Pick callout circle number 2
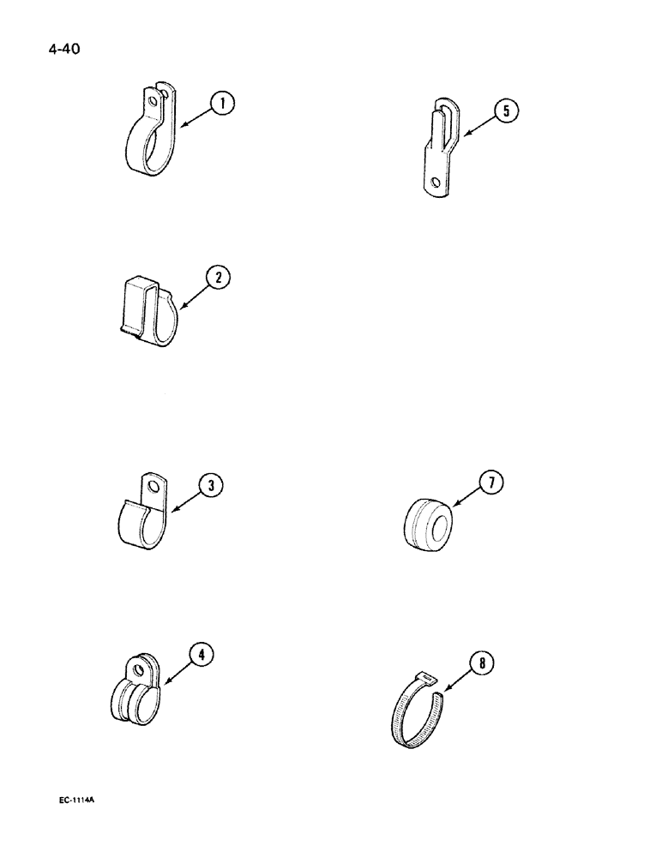pos(219,278)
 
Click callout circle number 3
pos(211,486)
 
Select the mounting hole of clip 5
pos(437,182)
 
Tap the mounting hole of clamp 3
pos(153,490)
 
